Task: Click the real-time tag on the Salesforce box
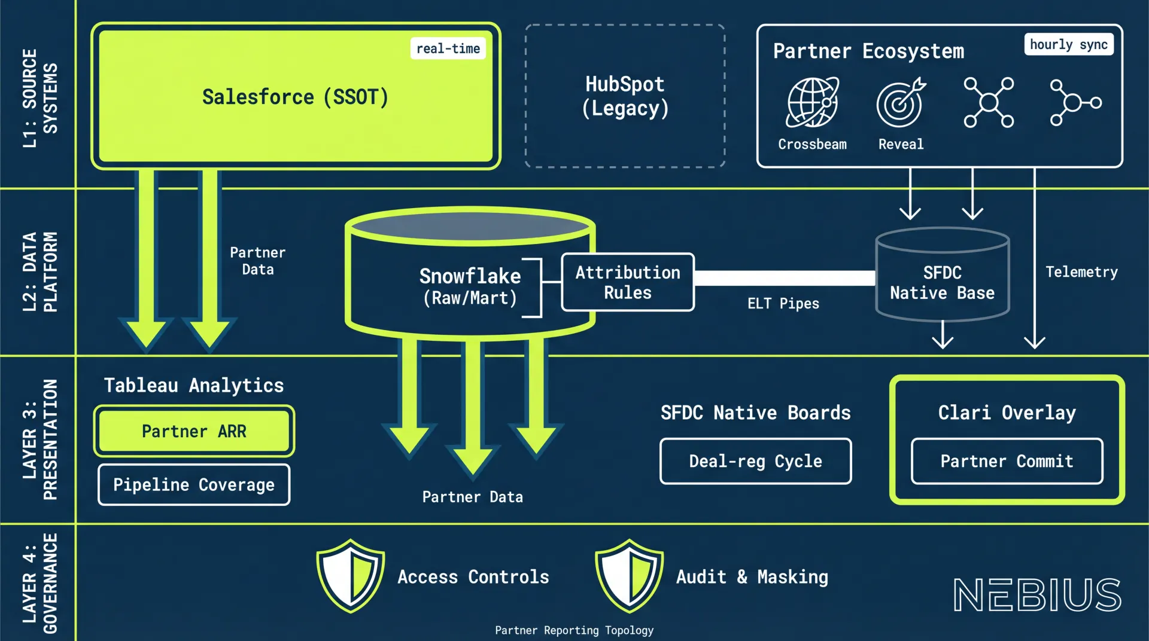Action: (x=448, y=48)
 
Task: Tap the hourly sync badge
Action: (x=1068, y=45)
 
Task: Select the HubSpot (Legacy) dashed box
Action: (x=625, y=96)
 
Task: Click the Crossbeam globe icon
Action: (x=812, y=103)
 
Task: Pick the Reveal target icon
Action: (x=901, y=103)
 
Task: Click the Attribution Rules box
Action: (x=628, y=282)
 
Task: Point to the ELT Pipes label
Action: (x=783, y=304)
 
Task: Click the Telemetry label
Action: (x=1081, y=272)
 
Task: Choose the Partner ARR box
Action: (x=194, y=431)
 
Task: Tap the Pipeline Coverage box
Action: (x=194, y=485)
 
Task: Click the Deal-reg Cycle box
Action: (x=755, y=462)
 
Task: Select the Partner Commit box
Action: (x=1007, y=462)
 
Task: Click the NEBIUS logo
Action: (x=1037, y=595)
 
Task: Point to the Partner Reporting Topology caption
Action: (x=574, y=630)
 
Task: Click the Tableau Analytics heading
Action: (x=194, y=386)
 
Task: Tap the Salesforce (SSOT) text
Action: (x=295, y=97)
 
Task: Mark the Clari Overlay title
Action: (x=1007, y=413)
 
